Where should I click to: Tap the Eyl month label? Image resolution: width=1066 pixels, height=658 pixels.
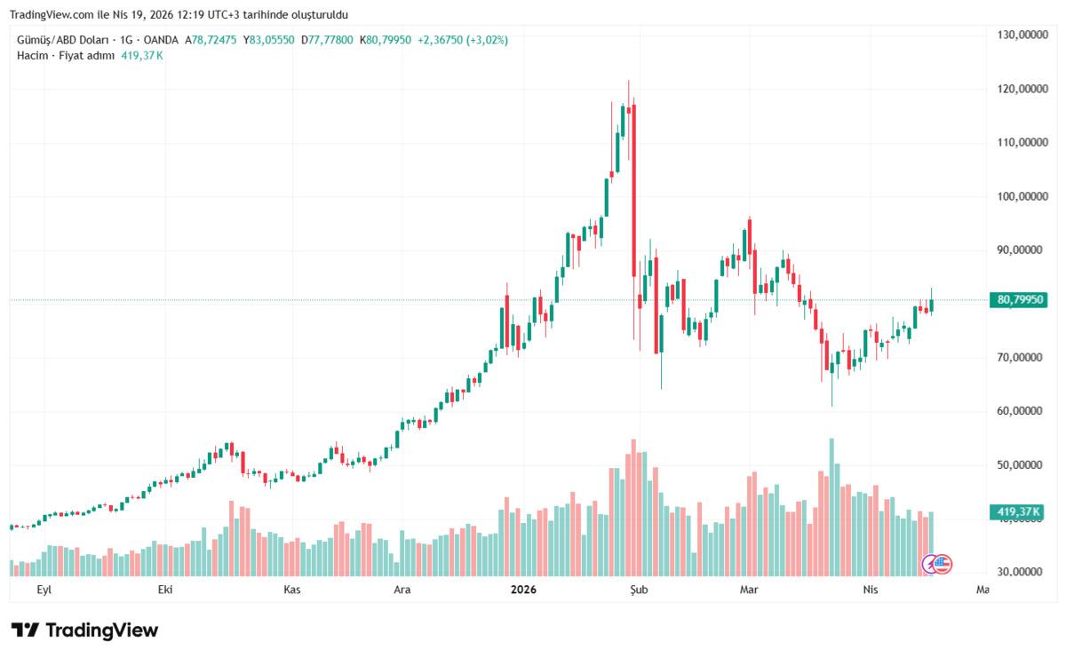point(42,589)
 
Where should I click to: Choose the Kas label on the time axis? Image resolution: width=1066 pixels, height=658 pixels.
point(291,589)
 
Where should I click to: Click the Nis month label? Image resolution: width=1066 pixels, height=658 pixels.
point(871,589)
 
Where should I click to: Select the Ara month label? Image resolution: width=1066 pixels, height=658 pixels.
point(402,589)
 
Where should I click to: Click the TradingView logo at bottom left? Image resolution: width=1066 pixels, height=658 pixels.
point(85,630)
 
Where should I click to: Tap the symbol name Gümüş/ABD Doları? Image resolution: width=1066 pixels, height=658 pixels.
point(62,40)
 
